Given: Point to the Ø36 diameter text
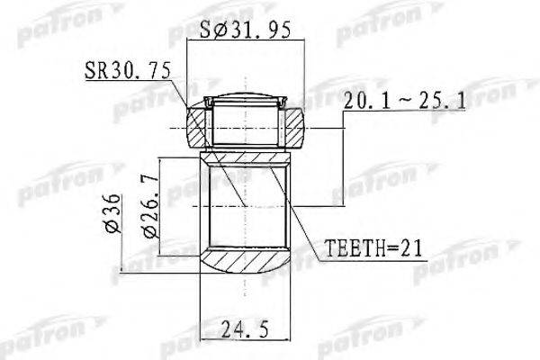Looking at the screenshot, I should [108, 213].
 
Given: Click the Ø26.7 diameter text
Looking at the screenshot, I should [150, 213].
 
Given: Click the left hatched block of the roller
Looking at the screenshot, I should [199, 127].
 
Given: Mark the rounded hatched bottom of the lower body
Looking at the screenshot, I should [246, 263].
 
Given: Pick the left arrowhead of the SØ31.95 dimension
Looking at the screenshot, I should [190, 40].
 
